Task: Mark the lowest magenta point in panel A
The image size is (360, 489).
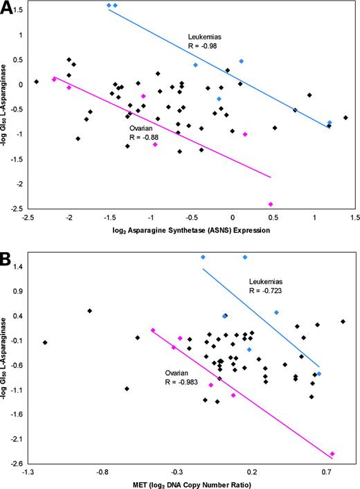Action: point(271,204)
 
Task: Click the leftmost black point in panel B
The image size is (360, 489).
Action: point(45,342)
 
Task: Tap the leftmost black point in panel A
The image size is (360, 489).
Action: point(36,82)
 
